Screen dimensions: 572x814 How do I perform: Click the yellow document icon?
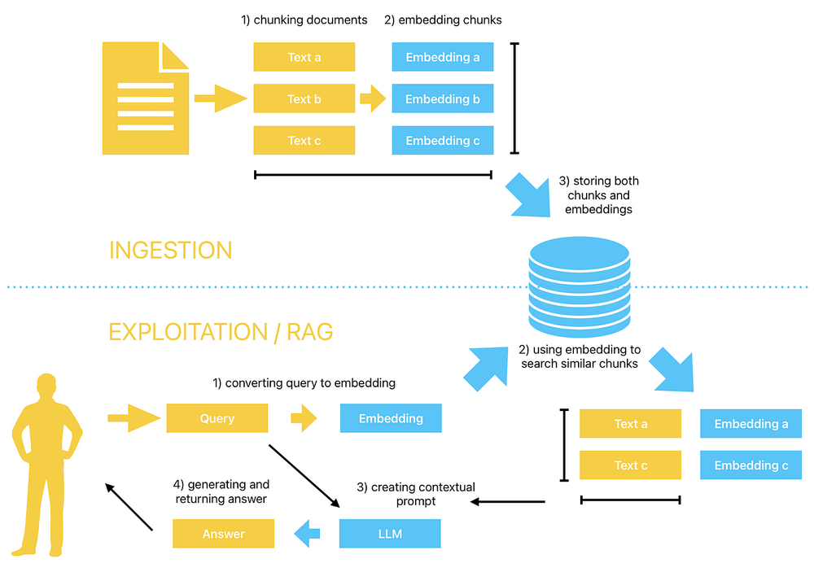145,98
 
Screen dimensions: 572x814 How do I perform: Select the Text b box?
304,99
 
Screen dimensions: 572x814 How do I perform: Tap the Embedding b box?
442,99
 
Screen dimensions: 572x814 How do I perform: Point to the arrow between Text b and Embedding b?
373,99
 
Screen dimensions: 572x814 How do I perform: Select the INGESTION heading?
170,250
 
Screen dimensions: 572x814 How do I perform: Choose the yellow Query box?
217,418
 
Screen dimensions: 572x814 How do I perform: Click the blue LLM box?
390,534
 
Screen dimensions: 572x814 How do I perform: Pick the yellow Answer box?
223,534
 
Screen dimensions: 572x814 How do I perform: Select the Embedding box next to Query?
391,418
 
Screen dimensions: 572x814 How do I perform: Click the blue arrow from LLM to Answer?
307,534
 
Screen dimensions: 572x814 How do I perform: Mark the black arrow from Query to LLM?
303,476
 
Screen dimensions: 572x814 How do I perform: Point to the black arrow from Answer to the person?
129,506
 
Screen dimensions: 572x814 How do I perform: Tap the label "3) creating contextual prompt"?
416,494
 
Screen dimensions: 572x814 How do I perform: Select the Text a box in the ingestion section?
304,58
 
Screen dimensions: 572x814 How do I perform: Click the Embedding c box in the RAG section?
751,465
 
